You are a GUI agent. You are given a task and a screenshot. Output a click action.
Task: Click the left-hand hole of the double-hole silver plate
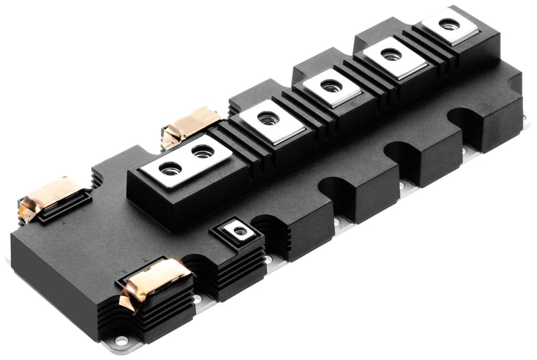[x=170, y=167]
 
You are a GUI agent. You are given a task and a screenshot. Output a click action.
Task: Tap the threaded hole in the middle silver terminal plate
[x=331, y=85]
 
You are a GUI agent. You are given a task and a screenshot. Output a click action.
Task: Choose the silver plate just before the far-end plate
[x=391, y=56]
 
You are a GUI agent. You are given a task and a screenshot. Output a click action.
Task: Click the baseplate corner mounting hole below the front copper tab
[x=121, y=341]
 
